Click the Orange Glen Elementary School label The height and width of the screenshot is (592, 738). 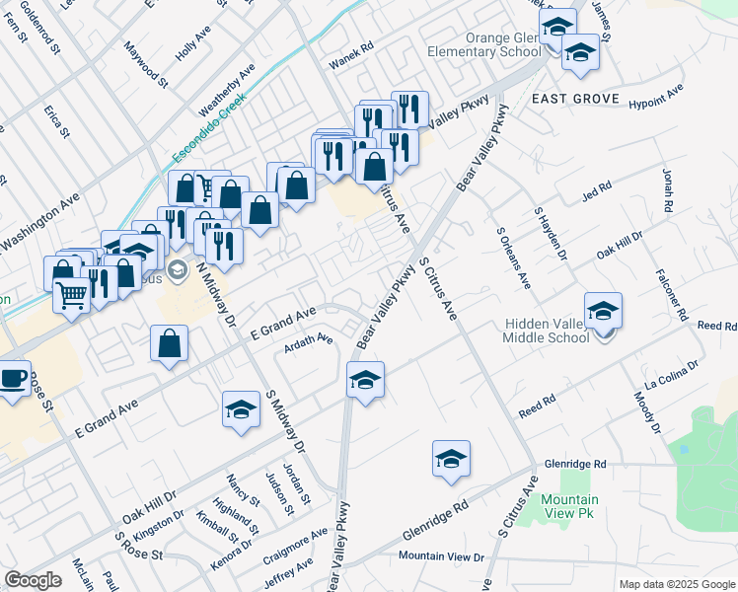click(483, 45)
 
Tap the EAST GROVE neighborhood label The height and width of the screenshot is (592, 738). click(574, 99)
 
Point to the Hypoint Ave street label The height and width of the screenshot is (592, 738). click(656, 96)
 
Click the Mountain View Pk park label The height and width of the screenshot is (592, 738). click(569, 506)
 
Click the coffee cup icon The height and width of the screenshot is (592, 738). click(12, 378)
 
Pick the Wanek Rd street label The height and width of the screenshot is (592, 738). click(352, 46)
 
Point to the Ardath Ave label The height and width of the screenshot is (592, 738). click(309, 339)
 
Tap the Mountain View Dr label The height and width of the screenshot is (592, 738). click(441, 557)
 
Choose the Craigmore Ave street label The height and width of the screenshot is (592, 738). click(295, 546)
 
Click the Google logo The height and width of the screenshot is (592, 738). click(33, 580)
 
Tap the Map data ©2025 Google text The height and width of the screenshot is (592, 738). click(676, 584)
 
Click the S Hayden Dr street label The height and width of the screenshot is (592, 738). click(551, 233)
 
